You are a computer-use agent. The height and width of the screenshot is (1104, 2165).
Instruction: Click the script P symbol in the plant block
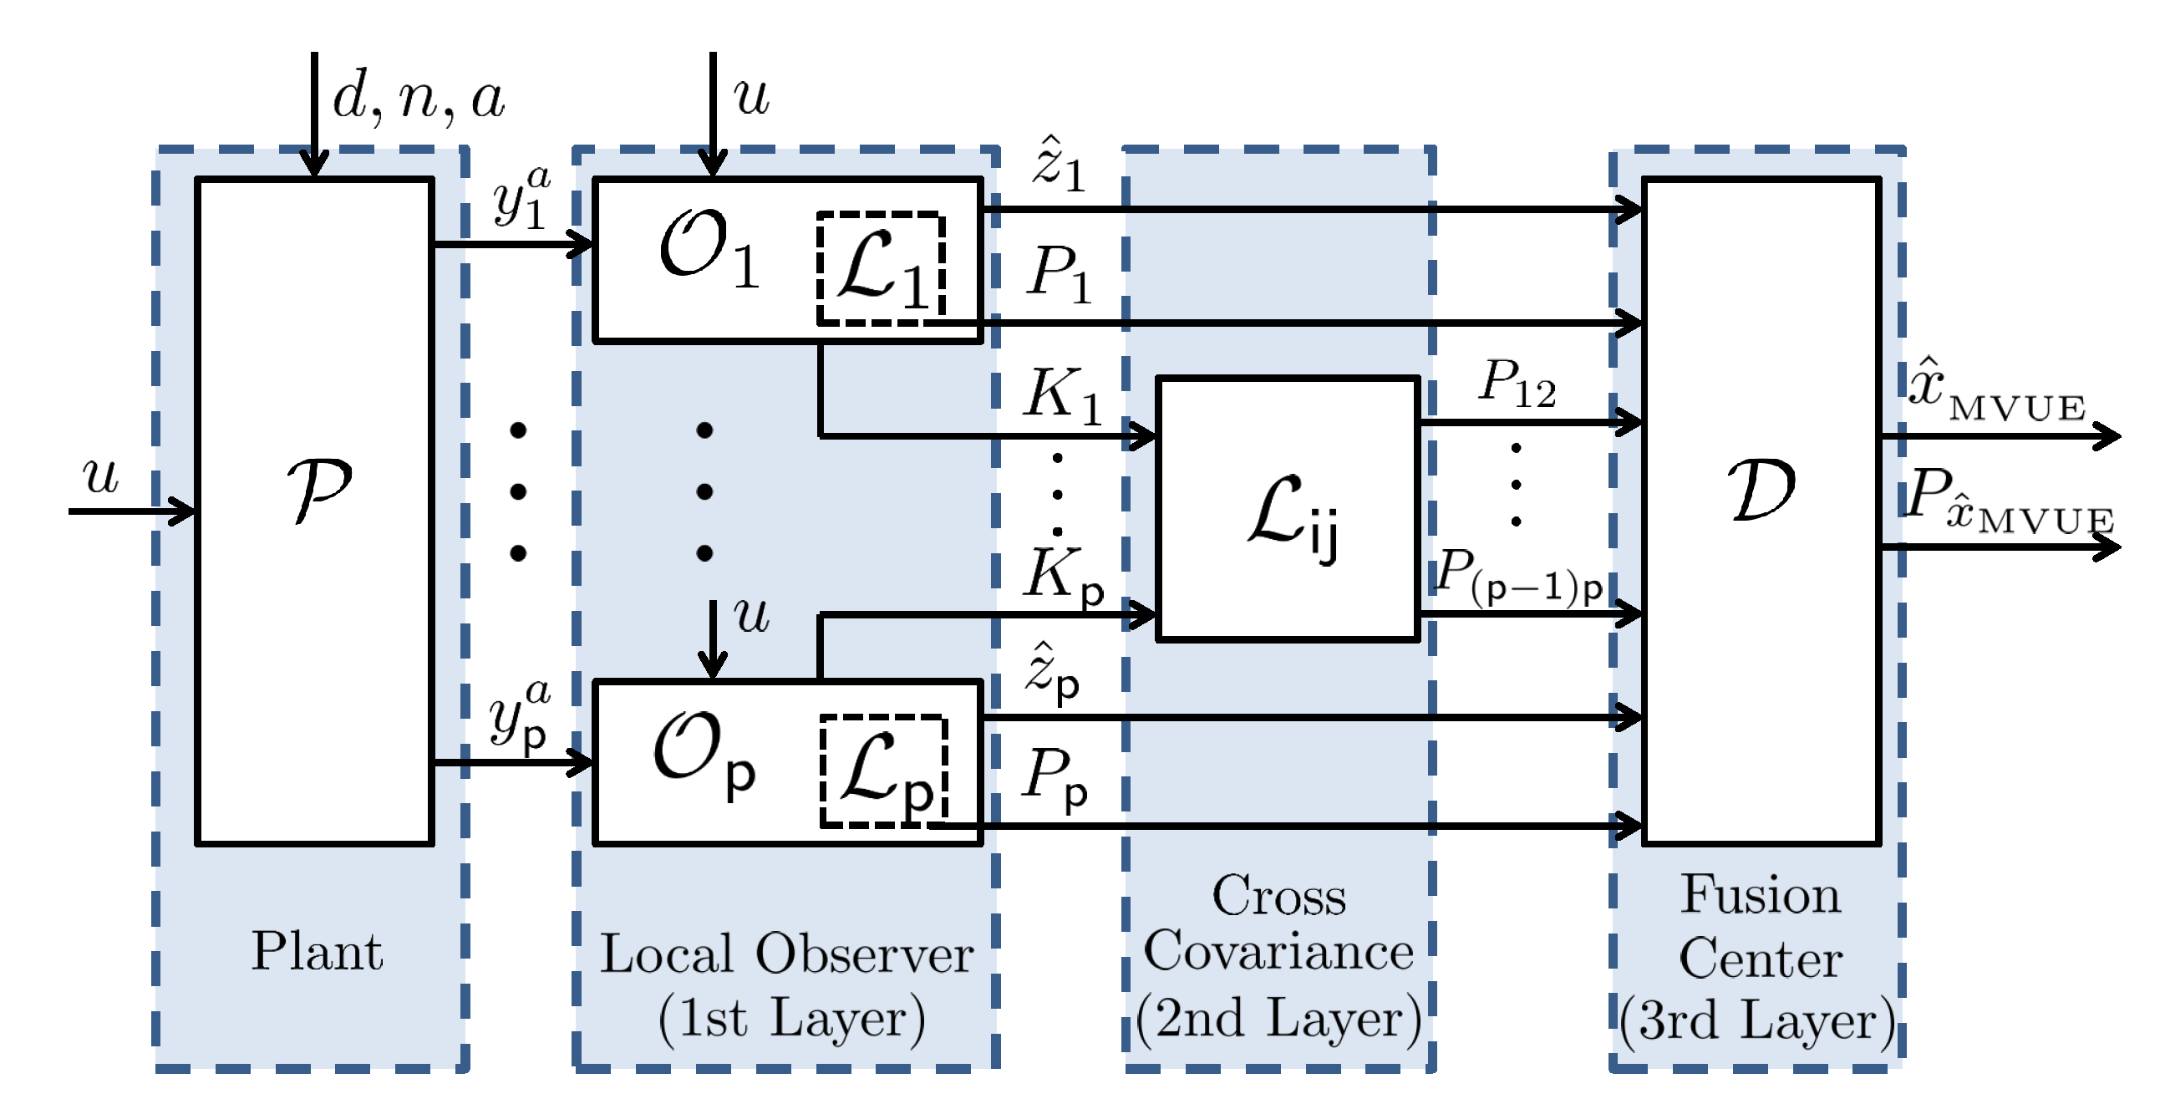tap(318, 491)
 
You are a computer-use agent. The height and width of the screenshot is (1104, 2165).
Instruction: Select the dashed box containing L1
tap(881, 268)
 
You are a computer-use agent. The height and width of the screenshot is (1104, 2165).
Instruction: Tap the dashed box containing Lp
tap(884, 771)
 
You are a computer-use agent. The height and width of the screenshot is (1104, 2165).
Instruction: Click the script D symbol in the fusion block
tap(1761, 491)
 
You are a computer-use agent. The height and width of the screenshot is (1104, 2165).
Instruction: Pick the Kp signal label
tap(1062, 576)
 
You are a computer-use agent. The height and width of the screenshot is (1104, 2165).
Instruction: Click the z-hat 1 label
tap(1058, 165)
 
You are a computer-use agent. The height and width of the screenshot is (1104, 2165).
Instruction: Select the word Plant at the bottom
tap(317, 951)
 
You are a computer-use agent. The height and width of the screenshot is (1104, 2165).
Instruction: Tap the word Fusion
tap(1760, 894)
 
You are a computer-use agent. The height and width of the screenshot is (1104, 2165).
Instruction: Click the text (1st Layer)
tap(790, 1018)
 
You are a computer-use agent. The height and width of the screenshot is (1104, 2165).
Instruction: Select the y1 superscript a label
tap(521, 198)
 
